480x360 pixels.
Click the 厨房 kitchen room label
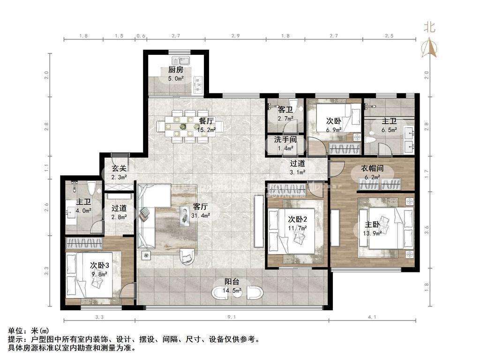tap(176, 70)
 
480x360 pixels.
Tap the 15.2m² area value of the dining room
tap(206, 129)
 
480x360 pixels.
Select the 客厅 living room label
tap(201, 207)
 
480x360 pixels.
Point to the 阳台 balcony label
tap(232, 282)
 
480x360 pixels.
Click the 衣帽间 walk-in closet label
tap(372, 169)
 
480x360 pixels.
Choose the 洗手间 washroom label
tap(285, 140)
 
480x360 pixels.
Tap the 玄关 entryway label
tap(119, 168)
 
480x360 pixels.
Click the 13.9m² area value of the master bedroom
tap(372, 233)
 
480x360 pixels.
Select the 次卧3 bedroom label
tap(99, 265)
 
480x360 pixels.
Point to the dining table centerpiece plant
tap(183, 126)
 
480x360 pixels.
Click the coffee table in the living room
tap(185, 216)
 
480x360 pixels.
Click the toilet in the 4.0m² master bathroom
tap(91, 188)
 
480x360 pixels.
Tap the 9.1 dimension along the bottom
tap(232, 317)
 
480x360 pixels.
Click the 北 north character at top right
tap(429, 28)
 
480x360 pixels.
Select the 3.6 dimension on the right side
tap(427, 230)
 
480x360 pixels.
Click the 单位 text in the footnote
tap(15, 331)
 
